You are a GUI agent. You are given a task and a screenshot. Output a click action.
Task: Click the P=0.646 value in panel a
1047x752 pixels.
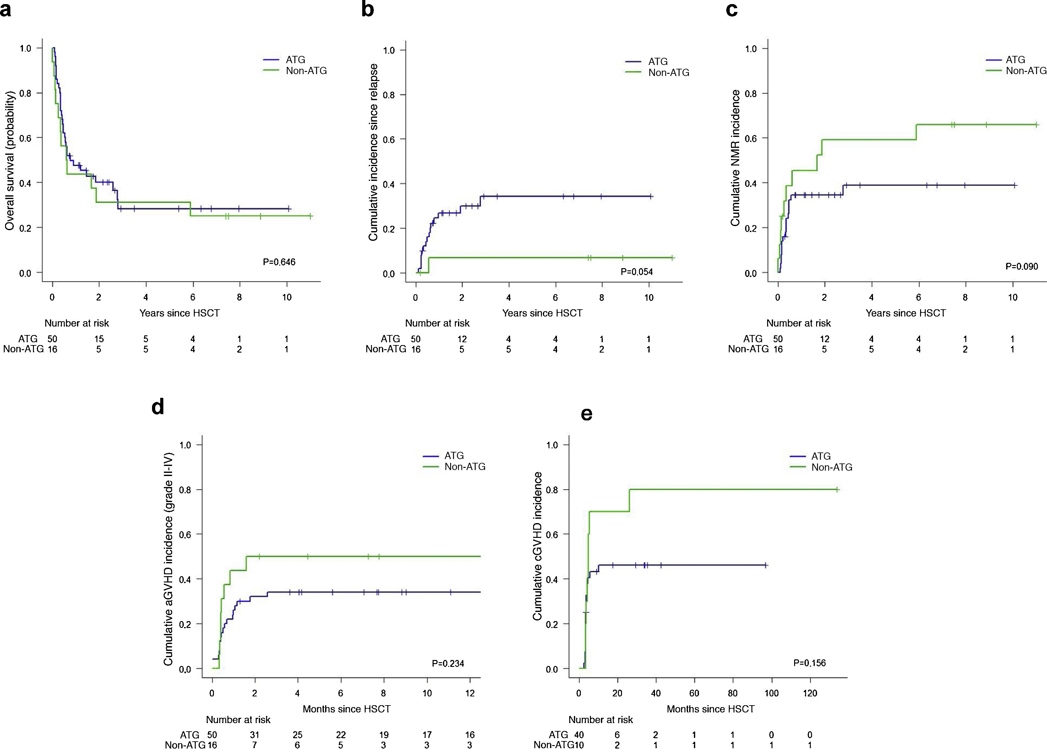[x=279, y=262]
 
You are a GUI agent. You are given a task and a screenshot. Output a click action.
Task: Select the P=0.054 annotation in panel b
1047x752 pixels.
[x=637, y=272]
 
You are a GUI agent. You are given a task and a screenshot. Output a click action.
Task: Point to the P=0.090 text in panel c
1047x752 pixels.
[x=1022, y=266]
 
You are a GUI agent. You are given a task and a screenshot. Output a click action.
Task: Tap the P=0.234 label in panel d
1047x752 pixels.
[x=448, y=663]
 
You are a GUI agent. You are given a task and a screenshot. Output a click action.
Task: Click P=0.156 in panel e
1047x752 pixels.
[x=809, y=663]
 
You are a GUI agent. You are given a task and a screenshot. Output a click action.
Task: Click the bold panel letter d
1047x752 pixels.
[x=158, y=407]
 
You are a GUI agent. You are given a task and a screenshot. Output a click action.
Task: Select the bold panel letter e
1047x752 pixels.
[x=586, y=414]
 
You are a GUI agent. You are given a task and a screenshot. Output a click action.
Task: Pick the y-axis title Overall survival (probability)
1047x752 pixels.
[x=10, y=160]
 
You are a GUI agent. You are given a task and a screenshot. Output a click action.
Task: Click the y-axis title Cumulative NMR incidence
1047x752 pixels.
[x=735, y=158]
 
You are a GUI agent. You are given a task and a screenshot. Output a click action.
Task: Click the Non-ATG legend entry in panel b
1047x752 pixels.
[x=668, y=73]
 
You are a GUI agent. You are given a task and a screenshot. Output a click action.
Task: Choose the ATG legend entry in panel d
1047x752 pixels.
[x=454, y=455]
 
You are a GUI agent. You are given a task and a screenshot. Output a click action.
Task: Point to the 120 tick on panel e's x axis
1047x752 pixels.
[x=810, y=693]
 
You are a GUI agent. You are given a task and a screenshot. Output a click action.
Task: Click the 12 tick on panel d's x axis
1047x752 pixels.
[x=470, y=693]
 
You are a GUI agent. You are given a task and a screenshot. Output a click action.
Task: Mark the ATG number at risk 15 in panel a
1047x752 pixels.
[x=99, y=339]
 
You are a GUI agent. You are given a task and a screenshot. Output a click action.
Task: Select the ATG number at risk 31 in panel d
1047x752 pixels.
[x=254, y=735]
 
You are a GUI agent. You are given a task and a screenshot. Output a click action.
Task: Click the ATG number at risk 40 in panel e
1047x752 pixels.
[x=579, y=735]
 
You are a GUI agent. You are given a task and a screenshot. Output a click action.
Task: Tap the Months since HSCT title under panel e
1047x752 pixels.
[x=711, y=709]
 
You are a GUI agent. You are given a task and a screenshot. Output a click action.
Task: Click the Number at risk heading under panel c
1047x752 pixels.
[x=799, y=323]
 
